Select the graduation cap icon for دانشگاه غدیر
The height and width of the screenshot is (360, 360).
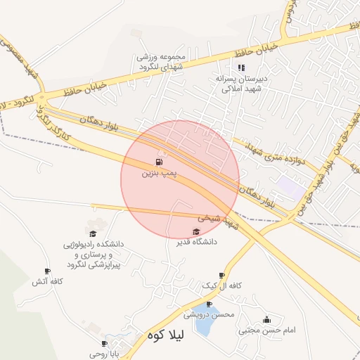click(x=195, y=231)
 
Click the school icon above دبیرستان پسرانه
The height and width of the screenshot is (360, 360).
click(x=241, y=68)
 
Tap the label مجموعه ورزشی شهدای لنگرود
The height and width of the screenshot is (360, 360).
click(x=162, y=61)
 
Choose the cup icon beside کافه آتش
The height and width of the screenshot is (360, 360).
click(x=47, y=271)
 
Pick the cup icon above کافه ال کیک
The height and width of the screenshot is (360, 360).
click(x=221, y=276)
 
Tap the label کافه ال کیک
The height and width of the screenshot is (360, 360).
click(x=222, y=285)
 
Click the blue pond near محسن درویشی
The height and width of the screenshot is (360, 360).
click(x=206, y=322)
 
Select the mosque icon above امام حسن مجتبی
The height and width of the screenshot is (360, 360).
click(x=266, y=319)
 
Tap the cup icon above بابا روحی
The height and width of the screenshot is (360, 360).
click(x=104, y=344)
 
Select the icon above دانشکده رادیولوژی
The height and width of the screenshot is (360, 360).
click(x=92, y=233)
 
